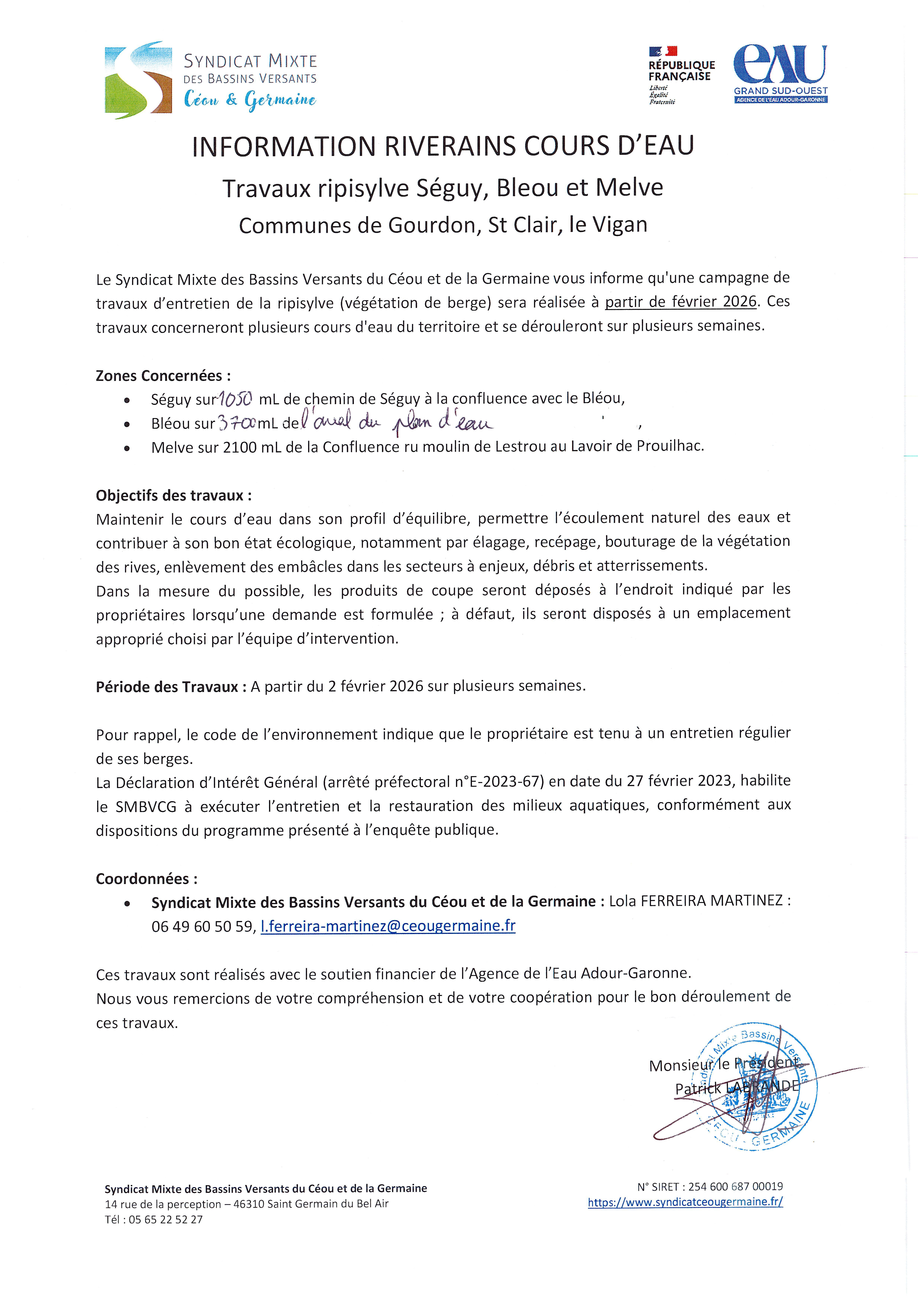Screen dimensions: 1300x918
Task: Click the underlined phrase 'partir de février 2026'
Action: (680, 302)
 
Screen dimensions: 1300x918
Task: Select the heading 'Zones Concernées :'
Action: (163, 376)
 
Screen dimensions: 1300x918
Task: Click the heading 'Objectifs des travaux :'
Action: (173, 495)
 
